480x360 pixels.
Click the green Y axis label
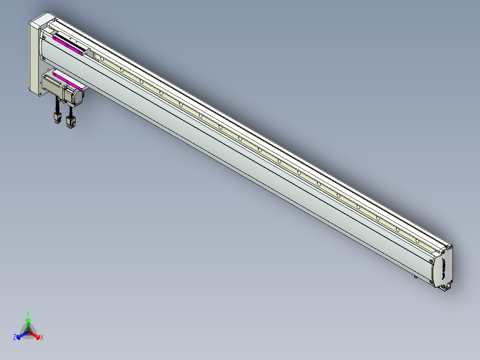point(28,313)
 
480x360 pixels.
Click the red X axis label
point(42,338)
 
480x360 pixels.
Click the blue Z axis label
point(15,338)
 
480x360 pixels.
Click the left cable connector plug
point(57,119)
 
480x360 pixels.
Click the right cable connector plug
point(69,122)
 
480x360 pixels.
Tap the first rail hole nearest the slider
point(102,58)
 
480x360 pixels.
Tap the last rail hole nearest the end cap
point(417,239)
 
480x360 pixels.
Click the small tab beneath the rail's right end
point(416,277)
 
